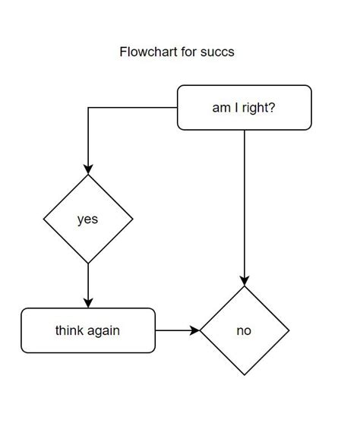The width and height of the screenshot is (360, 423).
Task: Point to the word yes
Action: click(88, 219)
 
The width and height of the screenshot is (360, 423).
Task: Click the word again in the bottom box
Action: click(103, 330)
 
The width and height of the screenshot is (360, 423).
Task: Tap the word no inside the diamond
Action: click(244, 331)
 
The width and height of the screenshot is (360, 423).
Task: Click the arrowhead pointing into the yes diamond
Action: click(88, 169)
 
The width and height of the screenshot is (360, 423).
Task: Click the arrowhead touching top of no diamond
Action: click(245, 280)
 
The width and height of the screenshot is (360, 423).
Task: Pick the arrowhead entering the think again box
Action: click(88, 303)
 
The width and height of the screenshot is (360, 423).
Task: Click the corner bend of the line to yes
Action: click(88, 108)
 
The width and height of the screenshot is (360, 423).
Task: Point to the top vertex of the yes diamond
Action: click(88, 175)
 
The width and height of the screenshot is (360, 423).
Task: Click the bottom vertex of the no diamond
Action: click(245, 375)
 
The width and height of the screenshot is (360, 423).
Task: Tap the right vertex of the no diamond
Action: click(289, 331)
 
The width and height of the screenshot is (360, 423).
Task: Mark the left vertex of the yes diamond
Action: click(44, 219)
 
